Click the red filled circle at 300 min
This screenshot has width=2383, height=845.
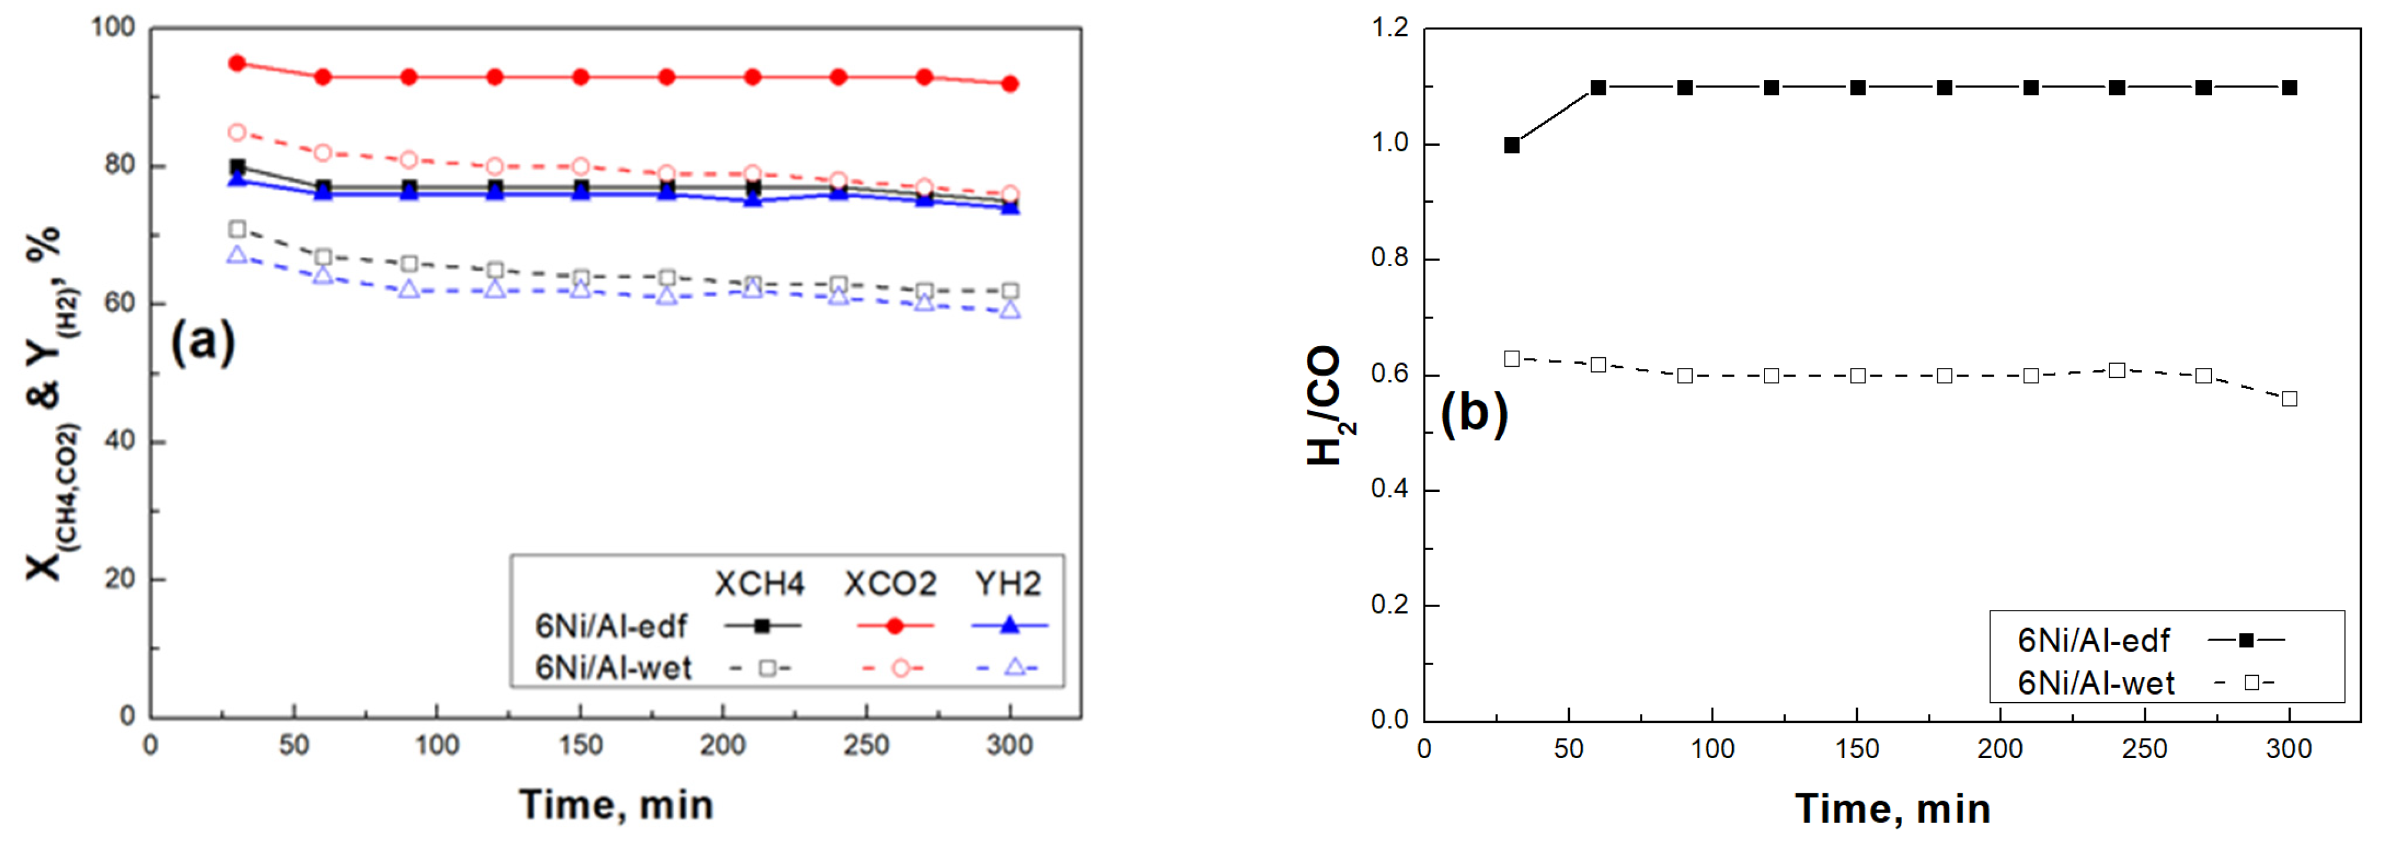1010,84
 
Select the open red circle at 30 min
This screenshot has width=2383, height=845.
237,132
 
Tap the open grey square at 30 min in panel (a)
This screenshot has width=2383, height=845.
237,229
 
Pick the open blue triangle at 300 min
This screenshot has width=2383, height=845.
1010,310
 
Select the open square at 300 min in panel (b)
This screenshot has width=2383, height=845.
2290,398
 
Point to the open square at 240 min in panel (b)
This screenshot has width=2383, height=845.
2117,370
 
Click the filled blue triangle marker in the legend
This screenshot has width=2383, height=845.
1010,626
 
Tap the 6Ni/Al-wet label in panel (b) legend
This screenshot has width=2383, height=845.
2095,683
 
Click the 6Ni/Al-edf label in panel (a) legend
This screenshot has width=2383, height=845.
611,626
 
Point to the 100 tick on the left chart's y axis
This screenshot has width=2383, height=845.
113,28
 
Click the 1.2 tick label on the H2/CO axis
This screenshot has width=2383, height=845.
1389,29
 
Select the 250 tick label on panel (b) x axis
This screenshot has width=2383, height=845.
2144,749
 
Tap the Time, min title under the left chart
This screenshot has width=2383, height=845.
616,805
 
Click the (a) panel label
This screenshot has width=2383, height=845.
203,342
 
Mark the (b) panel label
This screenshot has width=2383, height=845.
1473,413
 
